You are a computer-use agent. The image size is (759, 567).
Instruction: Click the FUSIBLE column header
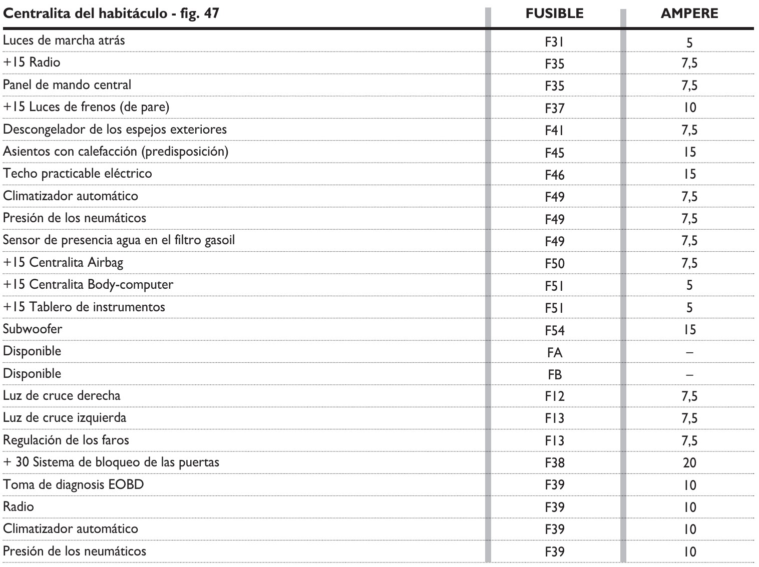554,14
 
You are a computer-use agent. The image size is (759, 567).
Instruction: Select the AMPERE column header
689,14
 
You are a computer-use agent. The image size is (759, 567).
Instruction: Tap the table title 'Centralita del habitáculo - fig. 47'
111,13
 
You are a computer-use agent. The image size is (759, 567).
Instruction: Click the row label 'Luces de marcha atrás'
64,40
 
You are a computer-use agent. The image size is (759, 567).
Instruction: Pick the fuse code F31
554,42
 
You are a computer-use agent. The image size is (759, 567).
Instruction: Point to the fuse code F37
554,108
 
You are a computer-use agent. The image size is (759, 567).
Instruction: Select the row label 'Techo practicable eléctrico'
78,174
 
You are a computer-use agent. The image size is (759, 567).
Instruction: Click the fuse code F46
554,175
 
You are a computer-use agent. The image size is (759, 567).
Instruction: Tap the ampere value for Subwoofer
689,330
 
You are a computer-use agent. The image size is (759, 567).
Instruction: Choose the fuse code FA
554,352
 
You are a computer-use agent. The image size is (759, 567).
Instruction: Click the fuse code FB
554,374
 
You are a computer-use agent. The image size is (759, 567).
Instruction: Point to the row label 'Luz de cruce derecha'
62,396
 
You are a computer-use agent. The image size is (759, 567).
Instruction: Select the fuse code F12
554,396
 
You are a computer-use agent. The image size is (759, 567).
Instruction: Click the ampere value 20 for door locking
689,463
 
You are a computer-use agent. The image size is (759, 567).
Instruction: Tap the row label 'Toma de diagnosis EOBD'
74,484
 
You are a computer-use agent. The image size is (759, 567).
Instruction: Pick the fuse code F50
554,263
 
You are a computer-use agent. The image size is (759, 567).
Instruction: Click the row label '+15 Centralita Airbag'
63,262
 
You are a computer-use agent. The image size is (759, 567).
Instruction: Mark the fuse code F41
554,130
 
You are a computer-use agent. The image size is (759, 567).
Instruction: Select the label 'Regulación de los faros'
66,440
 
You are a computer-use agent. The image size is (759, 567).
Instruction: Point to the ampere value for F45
689,152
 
